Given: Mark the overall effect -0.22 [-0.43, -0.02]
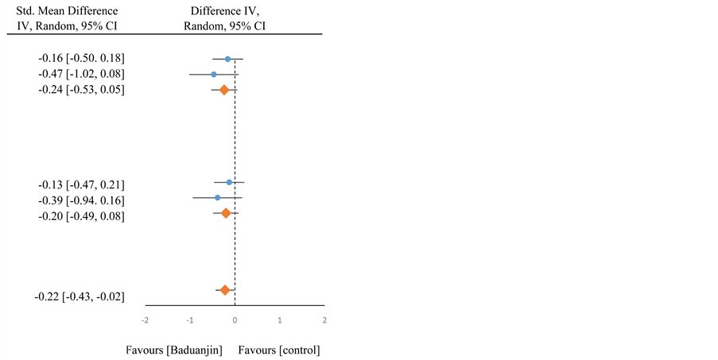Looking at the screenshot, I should [x=80, y=297].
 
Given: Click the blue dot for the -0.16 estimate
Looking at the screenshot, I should [x=227, y=59].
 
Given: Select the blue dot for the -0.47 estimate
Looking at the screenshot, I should [x=214, y=74].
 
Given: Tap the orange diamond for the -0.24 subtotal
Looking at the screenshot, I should [x=224, y=90].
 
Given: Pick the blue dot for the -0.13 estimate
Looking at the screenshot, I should [x=229, y=183].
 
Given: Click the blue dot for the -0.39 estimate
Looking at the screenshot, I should [x=217, y=197].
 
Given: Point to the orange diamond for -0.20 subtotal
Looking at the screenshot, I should [x=226, y=213].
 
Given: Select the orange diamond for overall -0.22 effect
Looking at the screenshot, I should [x=225, y=290].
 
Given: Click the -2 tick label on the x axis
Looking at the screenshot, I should [x=145, y=319].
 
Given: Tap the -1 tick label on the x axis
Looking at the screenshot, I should [x=190, y=319].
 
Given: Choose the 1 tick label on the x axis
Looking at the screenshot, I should [x=280, y=319].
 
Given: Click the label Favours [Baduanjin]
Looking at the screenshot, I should [x=174, y=350].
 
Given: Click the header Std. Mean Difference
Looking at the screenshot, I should [x=67, y=11].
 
